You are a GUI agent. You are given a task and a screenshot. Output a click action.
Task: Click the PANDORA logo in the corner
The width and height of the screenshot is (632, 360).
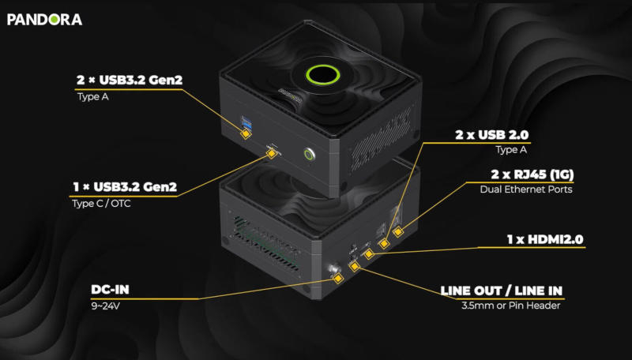point(44,18)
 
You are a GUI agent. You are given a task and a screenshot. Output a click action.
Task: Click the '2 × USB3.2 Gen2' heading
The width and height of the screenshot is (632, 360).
point(125,81)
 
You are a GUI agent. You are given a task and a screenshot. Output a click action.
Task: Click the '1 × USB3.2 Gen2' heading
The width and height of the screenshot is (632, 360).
point(124,187)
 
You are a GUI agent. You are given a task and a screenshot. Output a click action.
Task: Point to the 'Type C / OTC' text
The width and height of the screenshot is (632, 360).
point(101,204)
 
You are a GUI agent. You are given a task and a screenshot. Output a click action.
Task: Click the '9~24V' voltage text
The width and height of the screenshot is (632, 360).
point(106,305)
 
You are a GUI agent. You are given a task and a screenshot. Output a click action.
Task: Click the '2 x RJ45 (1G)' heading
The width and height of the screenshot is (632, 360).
point(527,174)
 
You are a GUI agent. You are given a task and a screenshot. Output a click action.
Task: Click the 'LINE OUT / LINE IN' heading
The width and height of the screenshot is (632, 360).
point(506,289)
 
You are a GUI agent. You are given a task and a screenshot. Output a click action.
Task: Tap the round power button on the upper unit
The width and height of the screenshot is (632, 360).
point(308,153)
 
